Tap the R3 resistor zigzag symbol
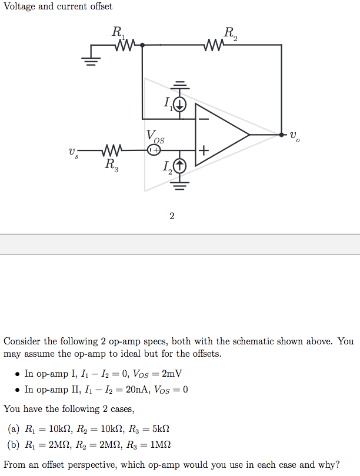[112, 150]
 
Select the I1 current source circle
[179, 105]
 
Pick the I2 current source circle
[179, 167]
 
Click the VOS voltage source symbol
[153, 150]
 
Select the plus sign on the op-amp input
[203, 150]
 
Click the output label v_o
[294, 136]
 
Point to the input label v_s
[72, 152]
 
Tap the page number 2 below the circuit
[172, 216]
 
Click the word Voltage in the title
[21, 6]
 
